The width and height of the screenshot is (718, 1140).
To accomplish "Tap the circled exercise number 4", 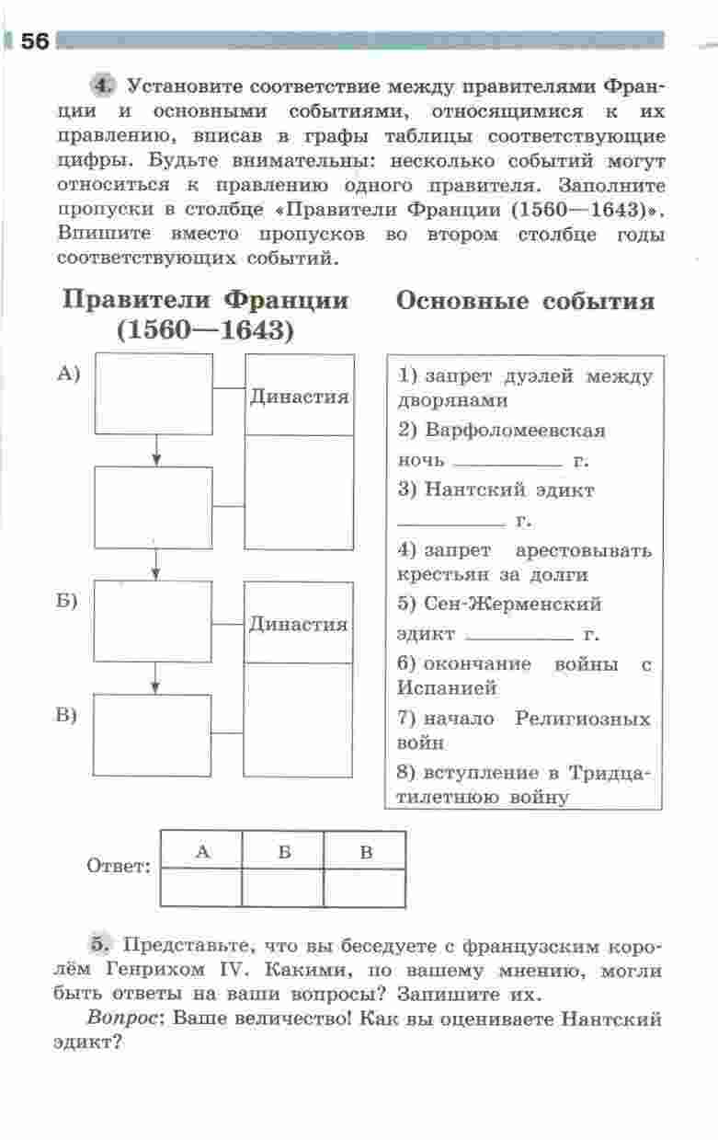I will pyautogui.click(x=103, y=86).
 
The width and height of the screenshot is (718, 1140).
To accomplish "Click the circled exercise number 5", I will pyautogui.click(x=101, y=945).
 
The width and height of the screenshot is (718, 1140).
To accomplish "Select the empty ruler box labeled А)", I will pyautogui.click(x=154, y=394).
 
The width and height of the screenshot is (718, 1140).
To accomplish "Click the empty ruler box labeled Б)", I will pyautogui.click(x=154, y=621).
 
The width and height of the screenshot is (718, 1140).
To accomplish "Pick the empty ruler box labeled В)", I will pyautogui.click(x=154, y=734).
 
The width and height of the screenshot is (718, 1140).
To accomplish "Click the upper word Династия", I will pyautogui.click(x=299, y=397).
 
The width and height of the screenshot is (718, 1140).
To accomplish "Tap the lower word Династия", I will pyautogui.click(x=299, y=624).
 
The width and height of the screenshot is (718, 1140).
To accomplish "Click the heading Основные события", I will pyautogui.click(x=525, y=303).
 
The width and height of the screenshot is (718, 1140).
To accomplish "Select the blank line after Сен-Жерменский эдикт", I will pyautogui.click(x=519, y=638).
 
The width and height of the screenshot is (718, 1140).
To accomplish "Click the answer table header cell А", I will pyautogui.click(x=202, y=851).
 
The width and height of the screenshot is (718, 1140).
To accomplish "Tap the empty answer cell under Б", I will pyautogui.click(x=283, y=888).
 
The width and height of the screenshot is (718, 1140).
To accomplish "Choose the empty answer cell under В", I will pyautogui.click(x=365, y=888).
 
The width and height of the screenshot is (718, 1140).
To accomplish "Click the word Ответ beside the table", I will pyautogui.click(x=118, y=867).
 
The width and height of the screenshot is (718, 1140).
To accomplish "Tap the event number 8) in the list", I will pyautogui.click(x=408, y=772).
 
